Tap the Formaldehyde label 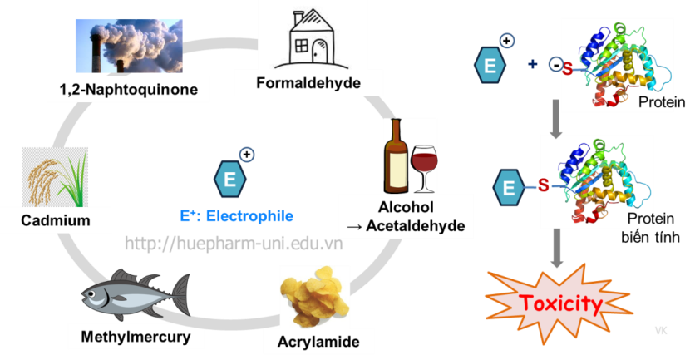(x=308, y=83)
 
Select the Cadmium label (x=56, y=220)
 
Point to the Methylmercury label (x=136, y=337)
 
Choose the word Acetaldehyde (x=406, y=224)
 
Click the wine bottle (x=395, y=155)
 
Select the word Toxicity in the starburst (x=559, y=303)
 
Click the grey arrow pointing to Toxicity (x=557, y=250)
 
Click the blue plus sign (x=533, y=64)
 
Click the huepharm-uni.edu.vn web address (x=233, y=243)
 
